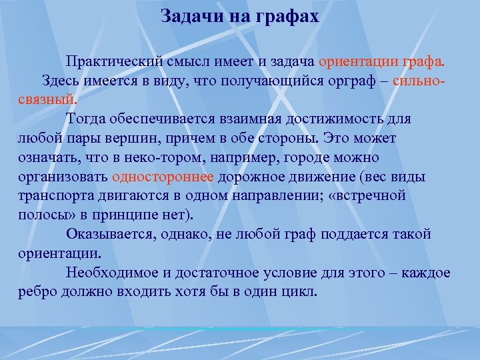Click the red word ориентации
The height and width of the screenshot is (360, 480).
(x=357, y=62)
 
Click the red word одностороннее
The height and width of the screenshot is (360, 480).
(x=163, y=177)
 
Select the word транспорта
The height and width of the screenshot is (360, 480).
(x=49, y=196)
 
